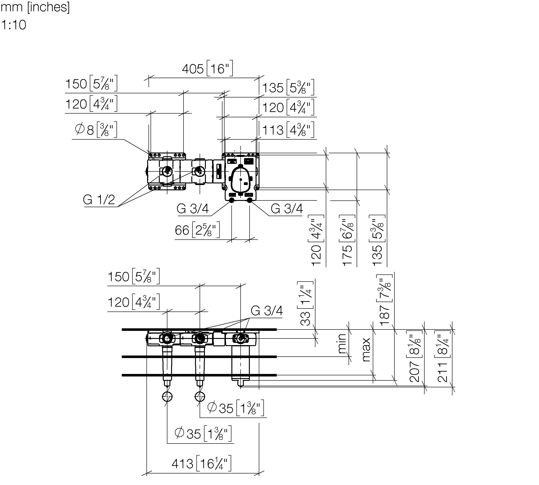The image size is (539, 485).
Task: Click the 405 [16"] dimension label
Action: point(207,68)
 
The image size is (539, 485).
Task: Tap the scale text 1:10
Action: point(14,25)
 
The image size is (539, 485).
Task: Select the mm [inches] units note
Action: point(35,7)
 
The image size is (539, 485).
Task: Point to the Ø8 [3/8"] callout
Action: point(96,129)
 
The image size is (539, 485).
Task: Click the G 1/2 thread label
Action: point(99,200)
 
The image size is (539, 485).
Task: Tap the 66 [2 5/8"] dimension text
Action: point(197,230)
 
